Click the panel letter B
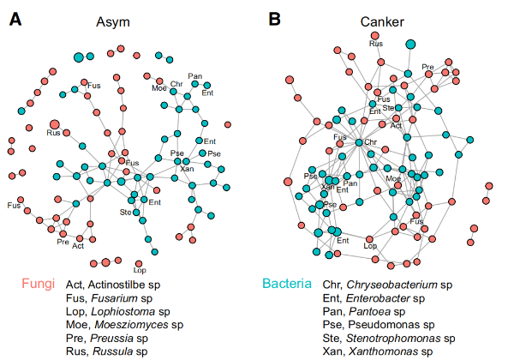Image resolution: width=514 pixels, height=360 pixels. point(275,17)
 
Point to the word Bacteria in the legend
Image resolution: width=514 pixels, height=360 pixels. point(287,283)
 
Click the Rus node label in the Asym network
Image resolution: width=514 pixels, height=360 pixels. point(52,134)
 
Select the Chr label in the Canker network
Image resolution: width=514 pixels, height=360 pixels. point(371,141)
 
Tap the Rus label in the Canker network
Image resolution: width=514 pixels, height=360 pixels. point(375,44)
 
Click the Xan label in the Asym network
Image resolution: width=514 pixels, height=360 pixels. point(187,169)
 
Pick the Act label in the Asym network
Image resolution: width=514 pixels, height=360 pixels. point(78,246)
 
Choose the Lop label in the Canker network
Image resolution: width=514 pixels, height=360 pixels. point(371,246)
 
